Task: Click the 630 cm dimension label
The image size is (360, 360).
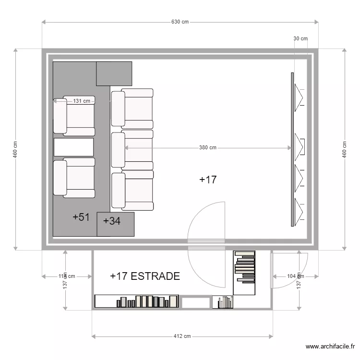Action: [180, 22]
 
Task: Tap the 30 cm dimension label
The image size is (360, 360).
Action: [300, 38]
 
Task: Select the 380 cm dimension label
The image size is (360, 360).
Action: [207, 148]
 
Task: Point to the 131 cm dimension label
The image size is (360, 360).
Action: [81, 101]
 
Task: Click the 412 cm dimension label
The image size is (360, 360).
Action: [182, 336]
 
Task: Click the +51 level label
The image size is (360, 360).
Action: [81, 217]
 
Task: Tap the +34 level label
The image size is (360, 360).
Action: [111, 221]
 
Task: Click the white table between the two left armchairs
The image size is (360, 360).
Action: [73, 147]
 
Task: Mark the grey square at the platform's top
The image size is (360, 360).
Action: [114, 73]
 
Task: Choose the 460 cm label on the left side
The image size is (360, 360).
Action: [15, 149]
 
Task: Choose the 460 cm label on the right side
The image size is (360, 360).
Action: [344, 149]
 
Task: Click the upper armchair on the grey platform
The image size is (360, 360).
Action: [74, 116]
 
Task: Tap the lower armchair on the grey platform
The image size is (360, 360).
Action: [74, 177]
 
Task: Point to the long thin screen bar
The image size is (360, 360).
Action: [292, 149]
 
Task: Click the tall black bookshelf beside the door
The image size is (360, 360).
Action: [244, 272]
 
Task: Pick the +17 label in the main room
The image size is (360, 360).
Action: [208, 180]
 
